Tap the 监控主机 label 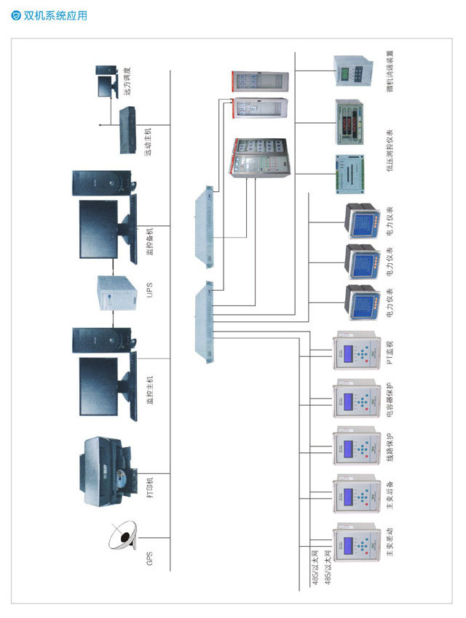(x=149, y=391)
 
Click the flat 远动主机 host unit (x=129, y=131)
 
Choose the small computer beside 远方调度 (x=108, y=82)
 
